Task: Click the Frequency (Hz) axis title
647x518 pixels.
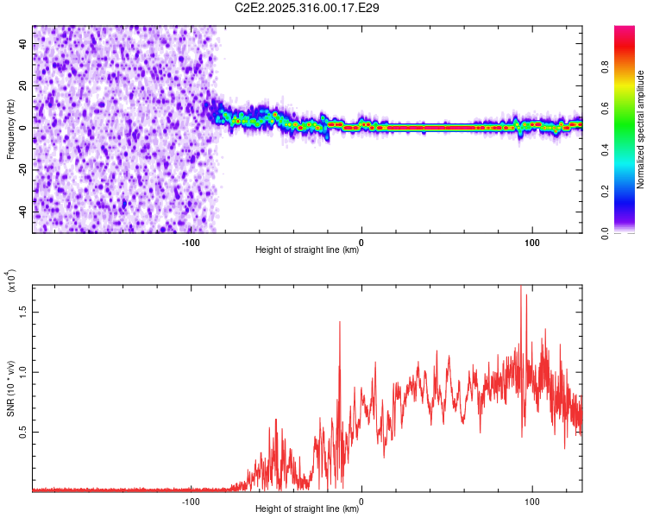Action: click(x=10, y=129)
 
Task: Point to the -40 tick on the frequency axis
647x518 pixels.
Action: click(x=24, y=212)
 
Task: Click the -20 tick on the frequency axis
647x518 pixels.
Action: click(x=24, y=169)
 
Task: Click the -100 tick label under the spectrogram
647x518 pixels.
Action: click(x=191, y=243)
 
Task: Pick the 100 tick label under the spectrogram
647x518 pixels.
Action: click(x=532, y=243)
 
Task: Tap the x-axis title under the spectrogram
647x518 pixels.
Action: click(x=307, y=250)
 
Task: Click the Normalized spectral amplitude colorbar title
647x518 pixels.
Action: click(x=641, y=129)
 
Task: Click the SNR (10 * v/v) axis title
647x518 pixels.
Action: click(x=10, y=388)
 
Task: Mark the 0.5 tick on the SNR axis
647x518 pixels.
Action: click(x=24, y=432)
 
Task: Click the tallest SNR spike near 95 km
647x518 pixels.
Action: click(x=521, y=288)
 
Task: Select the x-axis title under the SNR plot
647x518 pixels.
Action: click(x=307, y=509)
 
